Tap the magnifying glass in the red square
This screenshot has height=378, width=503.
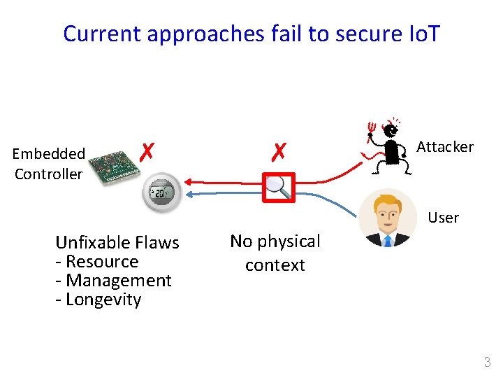coord(278,186)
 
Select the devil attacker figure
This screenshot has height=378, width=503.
coord(388,146)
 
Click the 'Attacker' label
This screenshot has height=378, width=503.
coord(444,147)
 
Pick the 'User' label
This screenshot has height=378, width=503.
coord(443,218)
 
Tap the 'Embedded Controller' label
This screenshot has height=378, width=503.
coord(49,164)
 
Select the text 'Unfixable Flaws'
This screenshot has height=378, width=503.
coord(117,243)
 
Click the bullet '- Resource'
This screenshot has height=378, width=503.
coord(97,262)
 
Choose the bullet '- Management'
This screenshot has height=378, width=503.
coord(114,281)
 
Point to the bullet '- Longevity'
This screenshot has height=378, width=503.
coord(99,300)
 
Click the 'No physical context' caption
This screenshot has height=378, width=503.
coord(275,253)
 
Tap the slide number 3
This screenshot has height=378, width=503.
coord(487,362)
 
